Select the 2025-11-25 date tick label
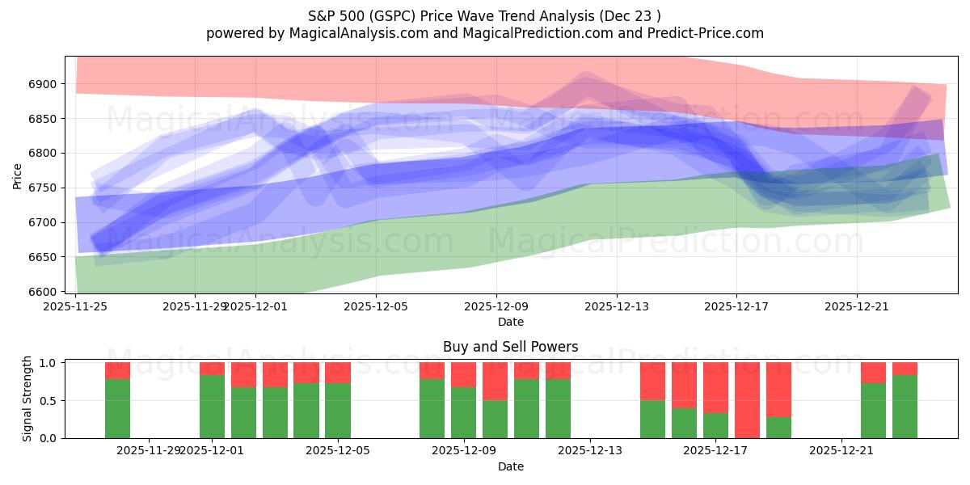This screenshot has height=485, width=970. [76, 306]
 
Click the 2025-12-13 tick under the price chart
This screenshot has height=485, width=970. [617, 306]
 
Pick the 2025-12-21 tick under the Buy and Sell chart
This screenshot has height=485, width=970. [842, 451]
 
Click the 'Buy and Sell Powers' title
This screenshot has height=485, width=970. [510, 347]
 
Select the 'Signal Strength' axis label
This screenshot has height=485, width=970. [27, 399]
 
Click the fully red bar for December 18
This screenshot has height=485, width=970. [747, 400]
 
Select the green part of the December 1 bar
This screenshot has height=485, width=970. [213, 407]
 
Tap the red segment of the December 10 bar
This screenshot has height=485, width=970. [495, 381]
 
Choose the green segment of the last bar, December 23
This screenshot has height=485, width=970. [905, 407]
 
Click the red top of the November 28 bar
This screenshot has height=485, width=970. [118, 370]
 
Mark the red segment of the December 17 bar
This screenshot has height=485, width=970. [715, 387]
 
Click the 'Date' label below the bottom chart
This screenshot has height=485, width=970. [510, 466]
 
